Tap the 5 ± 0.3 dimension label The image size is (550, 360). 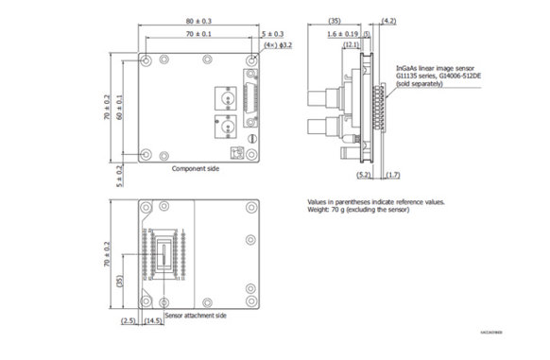(x=271, y=33)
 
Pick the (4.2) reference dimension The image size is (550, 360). (x=388, y=21)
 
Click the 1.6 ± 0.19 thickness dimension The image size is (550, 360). (x=346, y=33)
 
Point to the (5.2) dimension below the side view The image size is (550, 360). (x=364, y=175)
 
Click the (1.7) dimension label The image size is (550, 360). (x=393, y=175)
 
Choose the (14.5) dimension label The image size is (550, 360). (x=152, y=322)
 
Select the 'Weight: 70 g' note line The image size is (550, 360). (x=364, y=211)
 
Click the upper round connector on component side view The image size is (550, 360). (x=226, y=97)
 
